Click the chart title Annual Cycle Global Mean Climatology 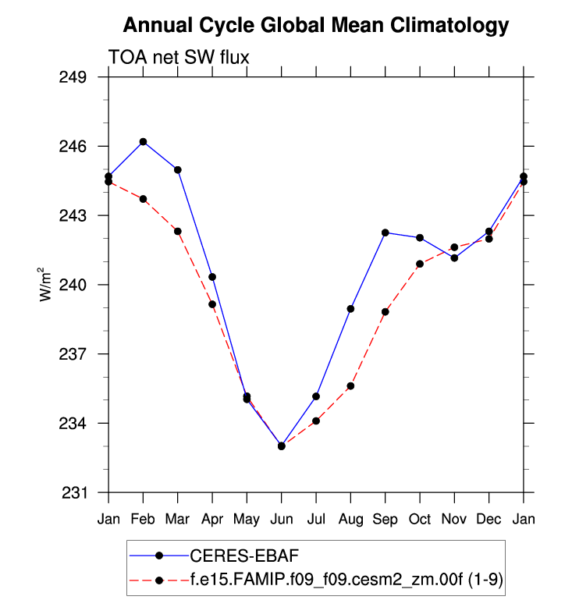click(x=316, y=26)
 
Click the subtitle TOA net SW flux click(x=179, y=57)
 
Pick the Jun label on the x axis click(x=281, y=519)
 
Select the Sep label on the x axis click(x=385, y=519)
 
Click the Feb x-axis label click(x=143, y=519)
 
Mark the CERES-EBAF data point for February click(x=143, y=141)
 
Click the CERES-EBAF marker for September click(x=385, y=233)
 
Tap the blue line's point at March click(x=178, y=169)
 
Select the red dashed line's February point click(x=143, y=199)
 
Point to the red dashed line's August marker click(x=350, y=385)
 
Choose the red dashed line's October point click(x=420, y=264)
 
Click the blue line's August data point click(x=350, y=309)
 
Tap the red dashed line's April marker click(x=212, y=304)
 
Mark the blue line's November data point click(x=454, y=257)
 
